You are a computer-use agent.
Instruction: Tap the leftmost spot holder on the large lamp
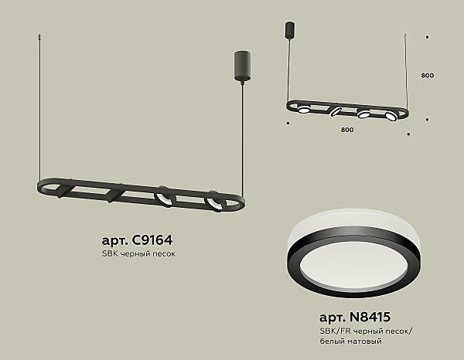point(66,188)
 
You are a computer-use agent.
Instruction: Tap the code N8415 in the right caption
point(374,318)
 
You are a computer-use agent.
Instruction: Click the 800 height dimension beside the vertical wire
point(428,76)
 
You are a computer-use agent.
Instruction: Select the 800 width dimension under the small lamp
point(346,129)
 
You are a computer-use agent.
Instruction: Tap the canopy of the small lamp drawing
point(291,30)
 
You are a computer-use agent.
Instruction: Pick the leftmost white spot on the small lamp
point(305,109)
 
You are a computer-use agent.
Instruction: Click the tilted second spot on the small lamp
point(336,111)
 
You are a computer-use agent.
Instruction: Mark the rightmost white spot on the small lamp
point(393,117)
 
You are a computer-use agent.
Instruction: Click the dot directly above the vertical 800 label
point(428,36)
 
